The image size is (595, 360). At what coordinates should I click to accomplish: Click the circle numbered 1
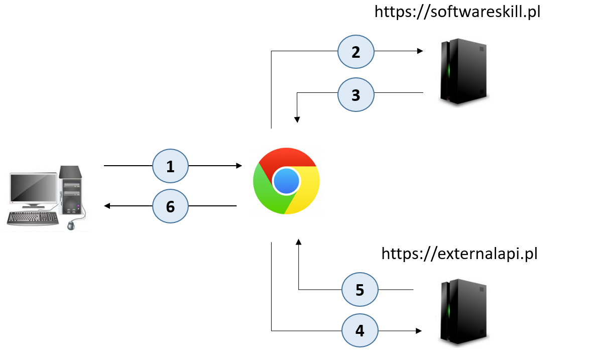(x=170, y=166)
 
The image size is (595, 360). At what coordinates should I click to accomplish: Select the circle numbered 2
(x=356, y=52)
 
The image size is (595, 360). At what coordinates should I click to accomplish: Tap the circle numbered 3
(x=356, y=94)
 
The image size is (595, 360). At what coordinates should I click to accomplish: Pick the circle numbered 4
(x=360, y=331)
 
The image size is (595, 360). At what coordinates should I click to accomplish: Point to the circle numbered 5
(x=360, y=290)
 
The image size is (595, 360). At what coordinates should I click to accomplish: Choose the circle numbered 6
(x=170, y=206)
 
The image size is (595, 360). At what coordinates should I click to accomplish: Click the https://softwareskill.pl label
(x=457, y=12)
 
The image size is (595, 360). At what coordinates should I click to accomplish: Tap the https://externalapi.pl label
(x=459, y=254)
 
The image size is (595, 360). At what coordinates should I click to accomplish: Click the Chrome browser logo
(x=286, y=181)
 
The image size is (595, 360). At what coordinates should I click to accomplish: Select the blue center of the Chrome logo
(x=286, y=181)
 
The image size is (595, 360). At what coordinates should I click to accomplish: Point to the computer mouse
(x=71, y=225)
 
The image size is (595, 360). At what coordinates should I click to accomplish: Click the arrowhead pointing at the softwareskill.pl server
(x=419, y=51)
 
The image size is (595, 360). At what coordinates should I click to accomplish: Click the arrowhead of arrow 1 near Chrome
(x=239, y=165)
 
